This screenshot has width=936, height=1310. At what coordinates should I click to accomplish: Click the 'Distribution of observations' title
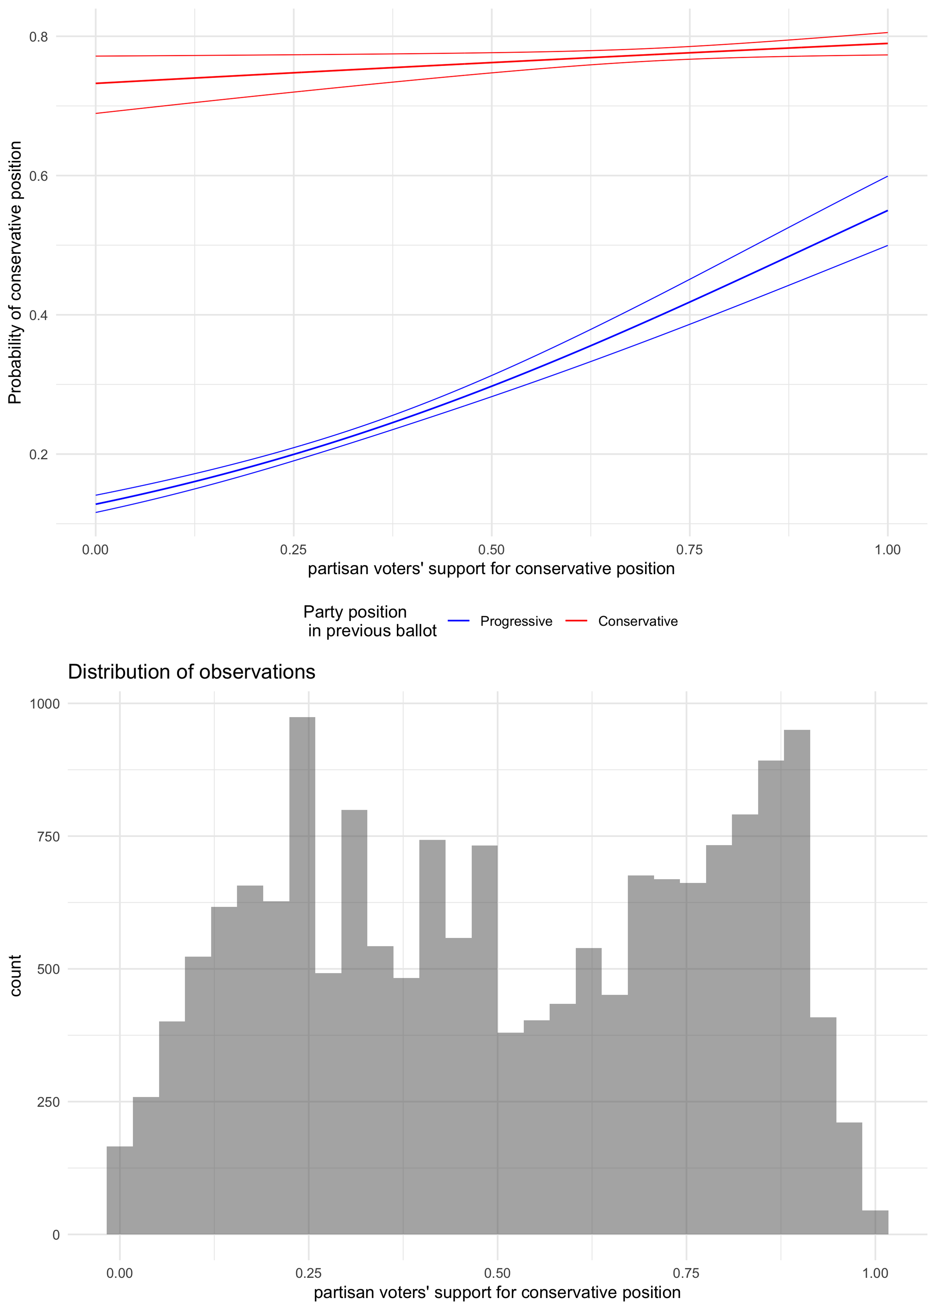point(192,672)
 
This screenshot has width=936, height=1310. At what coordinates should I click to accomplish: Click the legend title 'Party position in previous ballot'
point(370,621)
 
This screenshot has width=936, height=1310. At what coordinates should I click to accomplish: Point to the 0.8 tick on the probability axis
point(38,37)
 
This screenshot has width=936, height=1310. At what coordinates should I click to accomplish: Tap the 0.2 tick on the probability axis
point(38,454)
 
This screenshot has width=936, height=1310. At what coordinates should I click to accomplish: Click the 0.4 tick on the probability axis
point(38,315)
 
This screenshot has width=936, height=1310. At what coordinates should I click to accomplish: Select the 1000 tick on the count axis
point(45,704)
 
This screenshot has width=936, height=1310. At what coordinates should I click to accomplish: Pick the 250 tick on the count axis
point(49,1102)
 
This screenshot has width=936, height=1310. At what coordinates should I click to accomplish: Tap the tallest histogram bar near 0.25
point(302,976)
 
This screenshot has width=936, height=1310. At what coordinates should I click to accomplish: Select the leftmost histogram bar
point(120,1190)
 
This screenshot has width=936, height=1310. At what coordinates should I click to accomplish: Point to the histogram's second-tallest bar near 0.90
point(797,982)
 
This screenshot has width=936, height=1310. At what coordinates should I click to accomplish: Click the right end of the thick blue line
point(887,211)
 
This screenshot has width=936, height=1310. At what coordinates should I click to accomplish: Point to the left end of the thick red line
point(96,84)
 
